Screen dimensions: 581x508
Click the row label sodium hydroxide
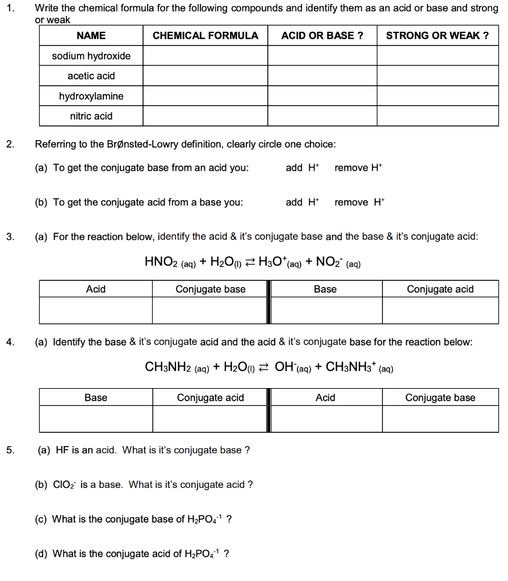[91, 56]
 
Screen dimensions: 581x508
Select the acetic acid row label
[91, 76]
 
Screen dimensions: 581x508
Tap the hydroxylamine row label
[91, 96]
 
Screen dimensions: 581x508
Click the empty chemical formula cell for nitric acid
[205, 116]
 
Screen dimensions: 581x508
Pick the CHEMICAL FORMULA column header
[205, 36]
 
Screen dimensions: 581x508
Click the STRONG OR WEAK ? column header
[437, 36]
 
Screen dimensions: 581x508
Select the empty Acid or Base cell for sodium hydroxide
[322, 56]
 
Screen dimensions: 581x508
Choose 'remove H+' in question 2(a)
[359, 168]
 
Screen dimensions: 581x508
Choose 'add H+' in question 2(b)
[303, 203]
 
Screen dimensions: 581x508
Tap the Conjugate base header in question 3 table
[210, 289]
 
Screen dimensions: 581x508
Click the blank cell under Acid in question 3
[95, 311]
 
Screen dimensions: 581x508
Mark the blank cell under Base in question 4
[95, 419]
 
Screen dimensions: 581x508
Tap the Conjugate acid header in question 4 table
[210, 398]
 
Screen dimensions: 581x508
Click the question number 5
[10, 451]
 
